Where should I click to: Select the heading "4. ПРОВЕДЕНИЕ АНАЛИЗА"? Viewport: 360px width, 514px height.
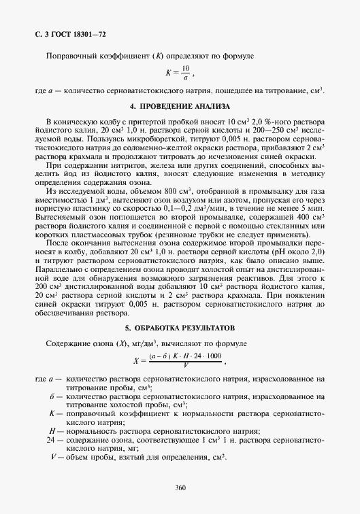180,107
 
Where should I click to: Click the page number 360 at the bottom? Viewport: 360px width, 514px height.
180,486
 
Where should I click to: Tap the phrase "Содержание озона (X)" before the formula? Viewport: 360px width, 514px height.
79,343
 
